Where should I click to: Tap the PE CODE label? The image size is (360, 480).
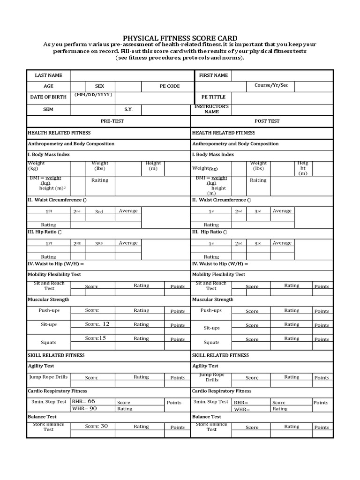click(169, 86)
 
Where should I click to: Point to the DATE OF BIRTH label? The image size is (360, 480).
click(48, 97)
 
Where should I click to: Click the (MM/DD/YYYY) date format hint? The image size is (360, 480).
click(93, 95)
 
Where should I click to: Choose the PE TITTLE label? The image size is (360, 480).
click(213, 97)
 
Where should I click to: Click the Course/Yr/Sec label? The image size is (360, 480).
click(271, 85)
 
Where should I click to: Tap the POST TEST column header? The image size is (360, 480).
click(267, 121)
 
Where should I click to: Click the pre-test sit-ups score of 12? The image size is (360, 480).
click(105, 324)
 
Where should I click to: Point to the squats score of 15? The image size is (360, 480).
click(102, 338)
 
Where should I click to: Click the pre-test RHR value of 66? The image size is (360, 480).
click(91, 401)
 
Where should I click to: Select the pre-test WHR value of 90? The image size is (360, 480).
click(93, 408)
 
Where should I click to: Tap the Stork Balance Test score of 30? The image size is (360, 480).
click(104, 426)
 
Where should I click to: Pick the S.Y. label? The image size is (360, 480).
click(128, 110)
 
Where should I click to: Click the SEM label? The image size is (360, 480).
click(48, 110)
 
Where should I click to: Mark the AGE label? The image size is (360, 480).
click(49, 86)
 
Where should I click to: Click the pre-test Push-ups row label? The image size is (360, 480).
click(49, 310)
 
